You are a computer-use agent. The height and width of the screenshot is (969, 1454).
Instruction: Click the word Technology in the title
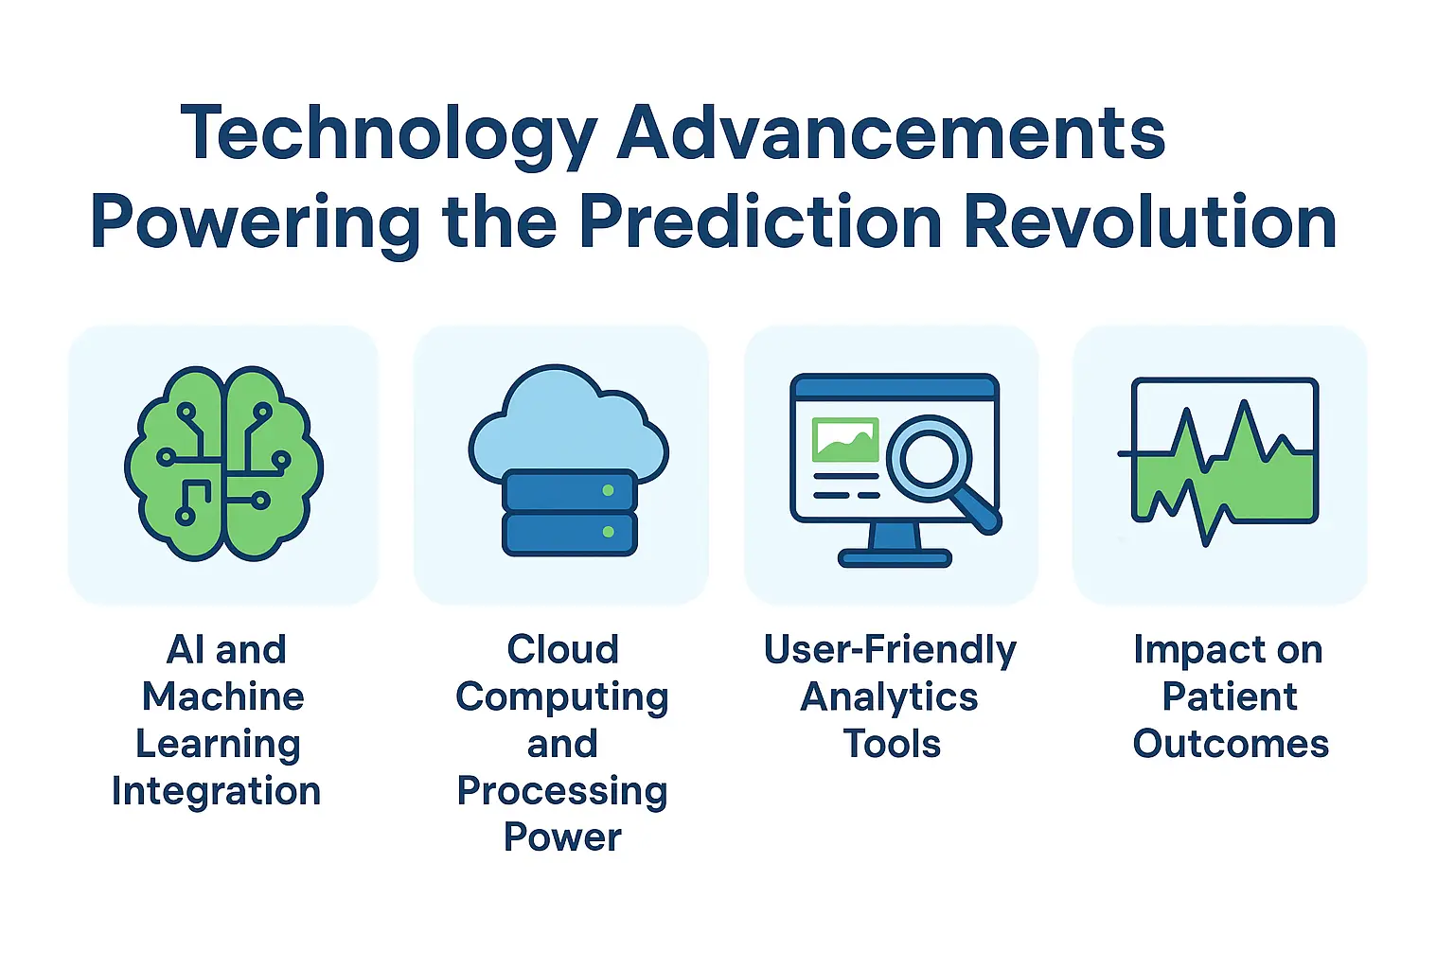click(x=388, y=134)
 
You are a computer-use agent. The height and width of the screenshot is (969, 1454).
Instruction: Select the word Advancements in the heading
click(x=891, y=132)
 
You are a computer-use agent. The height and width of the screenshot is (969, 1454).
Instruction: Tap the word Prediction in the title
click(x=760, y=222)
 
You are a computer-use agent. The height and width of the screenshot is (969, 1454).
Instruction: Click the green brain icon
click(x=223, y=464)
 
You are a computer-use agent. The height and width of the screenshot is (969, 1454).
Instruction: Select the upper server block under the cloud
click(x=569, y=491)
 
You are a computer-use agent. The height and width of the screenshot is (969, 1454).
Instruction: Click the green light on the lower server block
click(x=608, y=532)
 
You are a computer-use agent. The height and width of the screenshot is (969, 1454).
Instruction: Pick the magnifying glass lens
click(x=930, y=458)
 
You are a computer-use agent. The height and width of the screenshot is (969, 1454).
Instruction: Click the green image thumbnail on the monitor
click(x=845, y=440)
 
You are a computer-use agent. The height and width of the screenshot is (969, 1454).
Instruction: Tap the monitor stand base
click(x=894, y=557)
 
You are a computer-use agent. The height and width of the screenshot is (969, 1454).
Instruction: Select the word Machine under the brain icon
click(x=223, y=697)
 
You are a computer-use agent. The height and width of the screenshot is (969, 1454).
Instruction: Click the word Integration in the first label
click(x=217, y=791)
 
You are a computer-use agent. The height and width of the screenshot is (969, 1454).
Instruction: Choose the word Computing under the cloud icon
click(x=562, y=697)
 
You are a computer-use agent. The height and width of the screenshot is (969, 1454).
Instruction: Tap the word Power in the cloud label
click(x=562, y=837)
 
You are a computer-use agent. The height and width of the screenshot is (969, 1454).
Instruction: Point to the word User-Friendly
click(x=890, y=650)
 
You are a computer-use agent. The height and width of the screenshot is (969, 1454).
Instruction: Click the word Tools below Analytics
click(x=892, y=744)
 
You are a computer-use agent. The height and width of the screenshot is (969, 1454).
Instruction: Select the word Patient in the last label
click(x=1230, y=697)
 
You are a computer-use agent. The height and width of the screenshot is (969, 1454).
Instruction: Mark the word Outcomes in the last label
click(x=1231, y=744)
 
